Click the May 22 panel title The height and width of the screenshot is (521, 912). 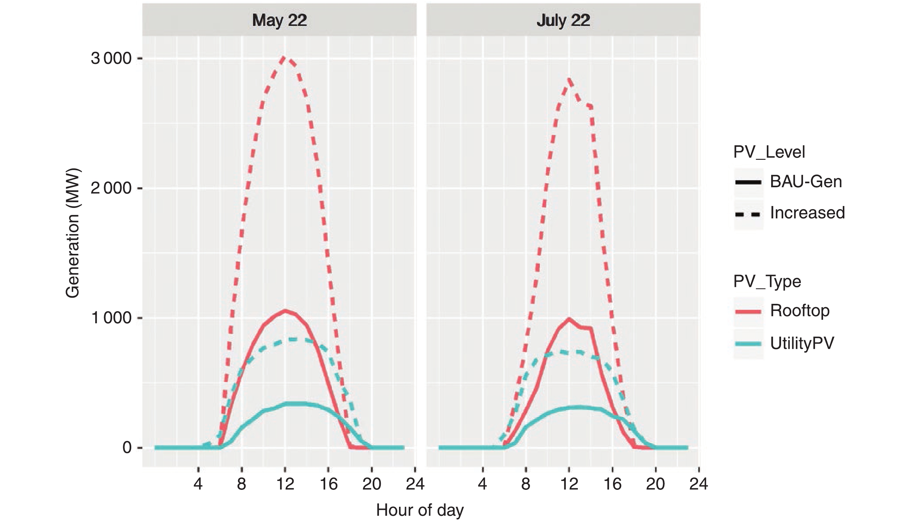tap(279, 20)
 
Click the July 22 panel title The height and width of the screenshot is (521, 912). tap(563, 20)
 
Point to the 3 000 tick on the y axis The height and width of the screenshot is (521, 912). tap(111, 58)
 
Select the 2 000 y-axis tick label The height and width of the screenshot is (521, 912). tap(111, 188)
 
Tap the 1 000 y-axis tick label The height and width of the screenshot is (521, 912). tap(111, 318)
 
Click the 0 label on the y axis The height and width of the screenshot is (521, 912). tap(127, 447)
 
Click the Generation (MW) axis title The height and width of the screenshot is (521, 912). tap(73, 233)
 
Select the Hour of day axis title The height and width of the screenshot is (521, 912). tap(420, 510)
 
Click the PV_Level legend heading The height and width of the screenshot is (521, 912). tap(769, 152)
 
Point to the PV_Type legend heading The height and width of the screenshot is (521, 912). tap(767, 281)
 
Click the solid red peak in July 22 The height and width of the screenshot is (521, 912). tap(569, 318)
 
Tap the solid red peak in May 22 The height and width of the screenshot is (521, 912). tap(285, 310)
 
